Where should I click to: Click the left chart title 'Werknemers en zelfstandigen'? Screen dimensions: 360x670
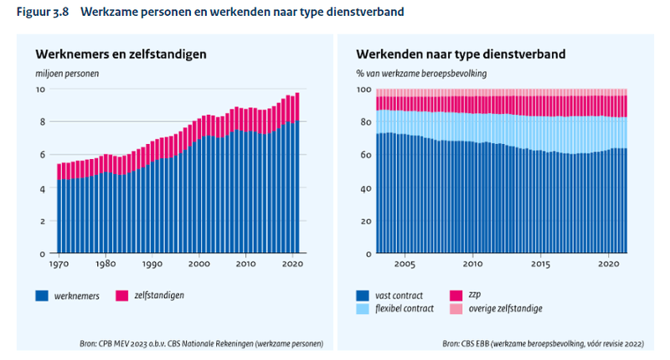121,54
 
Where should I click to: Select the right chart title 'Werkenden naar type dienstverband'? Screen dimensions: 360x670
461,54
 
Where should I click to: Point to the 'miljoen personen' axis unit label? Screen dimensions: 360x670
67,74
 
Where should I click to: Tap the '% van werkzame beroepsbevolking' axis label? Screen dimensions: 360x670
420,74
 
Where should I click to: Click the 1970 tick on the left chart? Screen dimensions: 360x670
57,265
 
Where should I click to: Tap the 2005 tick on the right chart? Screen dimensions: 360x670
405,265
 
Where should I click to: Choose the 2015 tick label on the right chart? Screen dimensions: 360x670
542,265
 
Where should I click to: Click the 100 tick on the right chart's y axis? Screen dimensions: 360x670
362,89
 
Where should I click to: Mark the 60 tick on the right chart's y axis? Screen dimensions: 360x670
364,155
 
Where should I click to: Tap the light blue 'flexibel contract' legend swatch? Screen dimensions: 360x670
363,308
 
